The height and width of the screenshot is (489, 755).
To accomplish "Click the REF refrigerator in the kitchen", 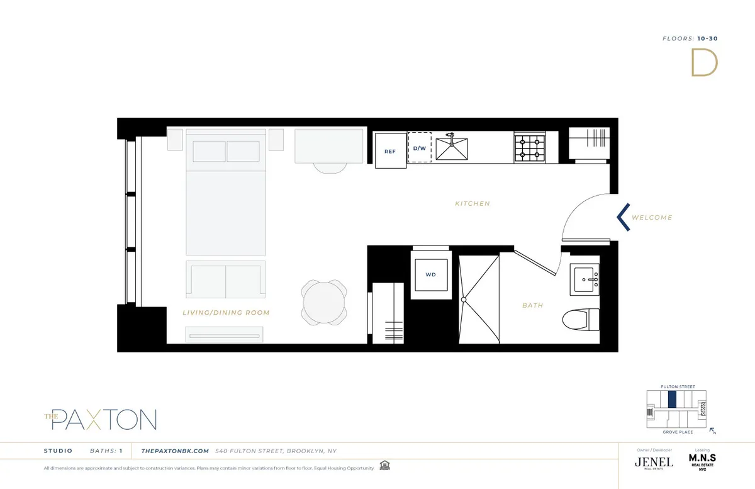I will tap(390, 150).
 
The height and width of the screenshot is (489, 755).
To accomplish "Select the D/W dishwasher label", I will tap(419, 148).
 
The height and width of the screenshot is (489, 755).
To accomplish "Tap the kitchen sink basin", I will tap(452, 149).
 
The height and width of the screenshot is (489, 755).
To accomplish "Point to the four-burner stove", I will tap(528, 148).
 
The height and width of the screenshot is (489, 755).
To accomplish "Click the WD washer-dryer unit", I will tap(430, 274).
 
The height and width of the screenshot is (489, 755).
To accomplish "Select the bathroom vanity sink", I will tap(585, 278).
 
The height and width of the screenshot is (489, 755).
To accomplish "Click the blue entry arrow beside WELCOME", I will tap(623, 217).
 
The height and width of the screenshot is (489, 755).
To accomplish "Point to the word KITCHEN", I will tap(473, 204).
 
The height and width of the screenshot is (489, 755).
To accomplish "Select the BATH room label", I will tap(532, 306).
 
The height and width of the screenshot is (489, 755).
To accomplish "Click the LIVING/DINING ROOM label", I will tap(226, 313).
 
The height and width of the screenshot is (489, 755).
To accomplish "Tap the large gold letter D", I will tap(704, 63).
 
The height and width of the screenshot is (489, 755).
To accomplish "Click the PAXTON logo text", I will tap(103, 419).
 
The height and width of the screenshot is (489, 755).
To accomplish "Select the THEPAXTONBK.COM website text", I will tap(175, 451).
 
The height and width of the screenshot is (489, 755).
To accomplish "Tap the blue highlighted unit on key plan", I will tap(672, 399).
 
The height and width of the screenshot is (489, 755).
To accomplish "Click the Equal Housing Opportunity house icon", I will tap(384, 468).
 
